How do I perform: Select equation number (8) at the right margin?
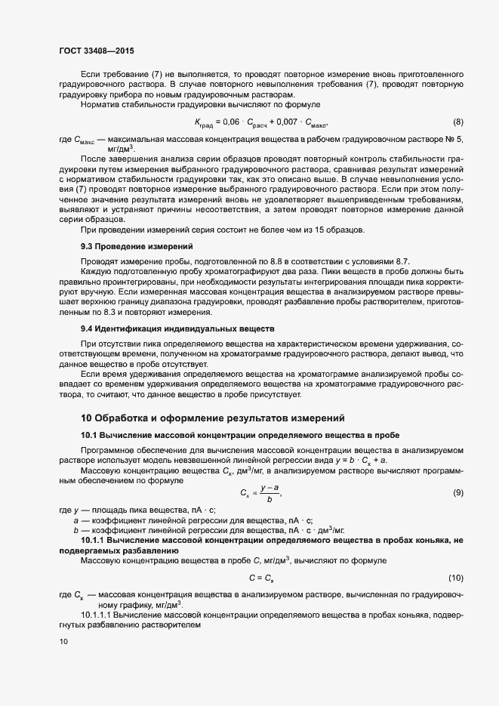click(x=457, y=122)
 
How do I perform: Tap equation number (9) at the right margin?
click(x=457, y=493)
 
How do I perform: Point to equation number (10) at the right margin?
click(x=456, y=578)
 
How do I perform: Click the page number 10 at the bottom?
click(x=63, y=642)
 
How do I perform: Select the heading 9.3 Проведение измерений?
click(x=127, y=246)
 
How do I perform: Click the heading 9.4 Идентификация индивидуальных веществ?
click(x=167, y=329)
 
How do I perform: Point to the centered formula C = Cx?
click(x=261, y=578)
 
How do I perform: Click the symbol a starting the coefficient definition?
click(x=75, y=520)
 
